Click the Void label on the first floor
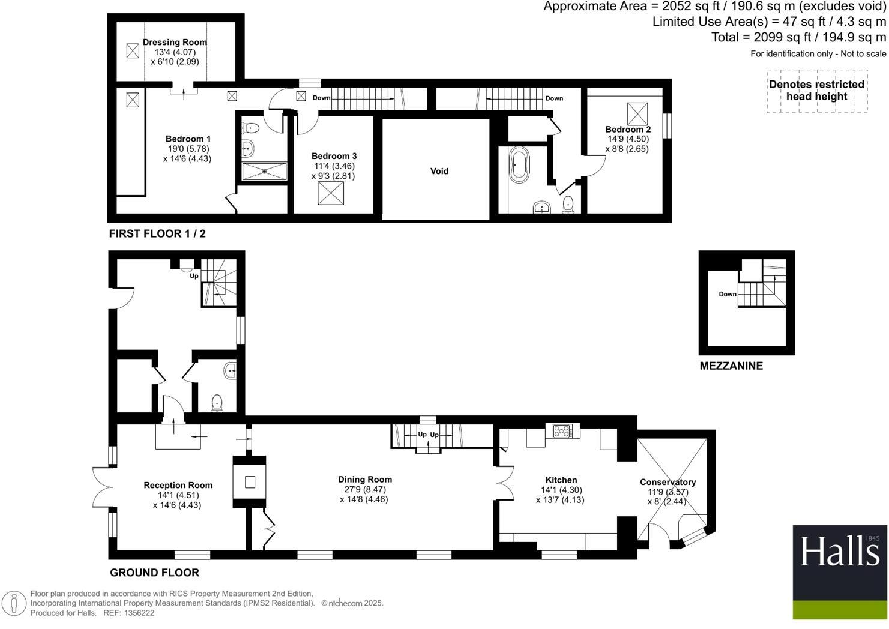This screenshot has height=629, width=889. pyautogui.click(x=439, y=171)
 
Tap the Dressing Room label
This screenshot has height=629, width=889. pyautogui.click(x=175, y=42)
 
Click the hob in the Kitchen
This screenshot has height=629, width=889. pyautogui.click(x=562, y=430)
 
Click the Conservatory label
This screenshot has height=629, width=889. pyautogui.click(x=668, y=482)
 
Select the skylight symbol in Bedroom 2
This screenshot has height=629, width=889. pyautogui.click(x=637, y=113)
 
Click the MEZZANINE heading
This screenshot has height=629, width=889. pyautogui.click(x=731, y=366)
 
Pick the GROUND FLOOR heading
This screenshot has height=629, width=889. pyautogui.click(x=154, y=573)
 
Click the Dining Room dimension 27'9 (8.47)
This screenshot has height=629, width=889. pyautogui.click(x=364, y=489)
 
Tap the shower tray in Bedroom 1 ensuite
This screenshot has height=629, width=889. pyautogui.click(x=264, y=171)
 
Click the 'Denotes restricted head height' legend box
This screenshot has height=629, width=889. pyautogui.click(x=816, y=91)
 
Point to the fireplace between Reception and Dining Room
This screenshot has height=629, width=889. pyautogui.click(x=249, y=481)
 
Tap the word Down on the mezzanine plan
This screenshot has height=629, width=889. pyautogui.click(x=728, y=294)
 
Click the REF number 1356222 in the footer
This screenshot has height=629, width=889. pyautogui.click(x=138, y=613)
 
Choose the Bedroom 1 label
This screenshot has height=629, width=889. pyautogui.click(x=188, y=139)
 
